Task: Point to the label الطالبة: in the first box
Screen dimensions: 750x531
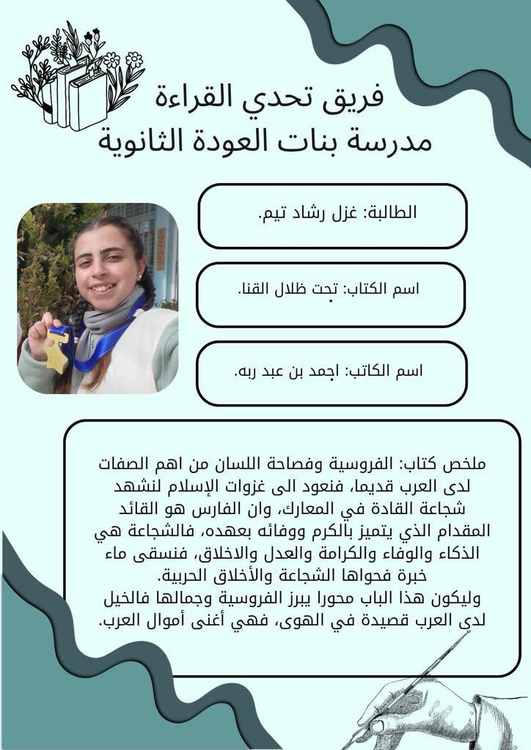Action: coord(389,213)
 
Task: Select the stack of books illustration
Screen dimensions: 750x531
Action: coord(73,95)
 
